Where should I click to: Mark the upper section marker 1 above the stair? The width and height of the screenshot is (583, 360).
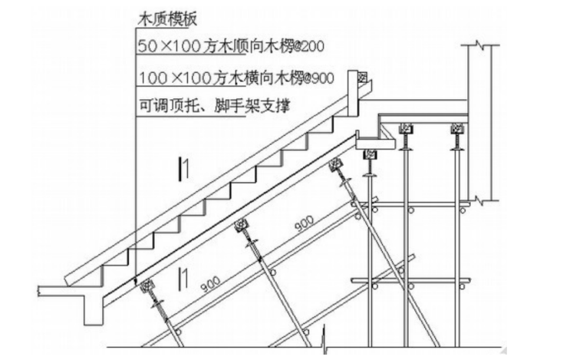pyautogui.click(x=181, y=167)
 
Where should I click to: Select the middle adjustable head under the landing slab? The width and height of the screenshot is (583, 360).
pyautogui.click(x=406, y=131)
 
